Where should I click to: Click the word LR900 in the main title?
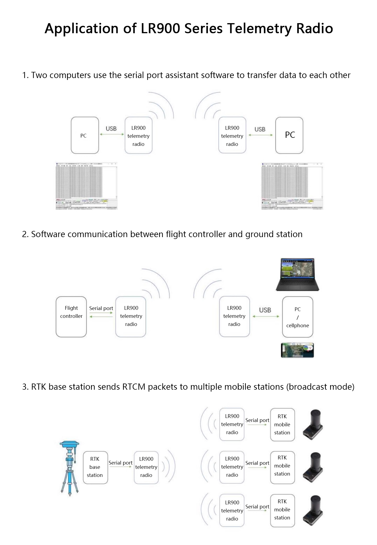160,28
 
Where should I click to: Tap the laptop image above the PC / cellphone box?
297,274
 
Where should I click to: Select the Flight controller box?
71,317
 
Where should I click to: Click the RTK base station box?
95,467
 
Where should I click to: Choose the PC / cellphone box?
298,317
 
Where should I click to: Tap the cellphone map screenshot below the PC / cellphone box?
297,350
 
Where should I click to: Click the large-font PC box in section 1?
289,135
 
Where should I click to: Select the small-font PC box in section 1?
85,135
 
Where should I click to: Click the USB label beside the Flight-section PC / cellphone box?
265,310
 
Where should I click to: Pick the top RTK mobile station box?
282,424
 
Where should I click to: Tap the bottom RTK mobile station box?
282,510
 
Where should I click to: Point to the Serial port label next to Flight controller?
101,308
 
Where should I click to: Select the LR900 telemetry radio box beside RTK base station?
146,467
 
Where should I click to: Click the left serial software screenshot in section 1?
86,186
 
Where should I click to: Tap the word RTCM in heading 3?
134,387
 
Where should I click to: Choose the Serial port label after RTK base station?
120,463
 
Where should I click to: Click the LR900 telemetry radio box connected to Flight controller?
131,317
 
